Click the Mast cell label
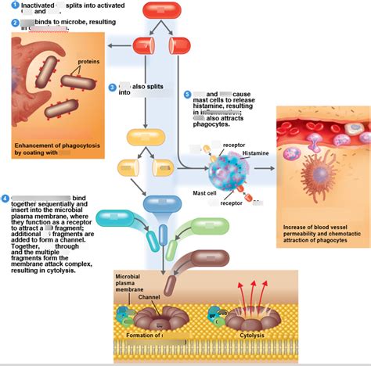pyautogui.click(x=205, y=192)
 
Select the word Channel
pyautogui.click(x=149, y=298)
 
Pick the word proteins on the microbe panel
pyautogui.click(x=88, y=62)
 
